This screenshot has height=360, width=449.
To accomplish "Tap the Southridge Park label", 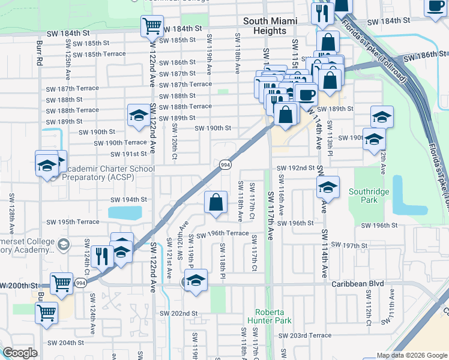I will [370, 196].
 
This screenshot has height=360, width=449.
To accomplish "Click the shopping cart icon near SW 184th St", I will [152, 26].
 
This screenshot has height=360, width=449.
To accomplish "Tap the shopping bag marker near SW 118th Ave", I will [216, 203].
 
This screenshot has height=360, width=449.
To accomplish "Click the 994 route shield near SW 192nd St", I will [225, 164].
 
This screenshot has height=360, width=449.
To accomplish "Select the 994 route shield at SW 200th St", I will [80, 282].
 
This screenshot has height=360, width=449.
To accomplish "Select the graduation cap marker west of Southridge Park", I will [328, 188].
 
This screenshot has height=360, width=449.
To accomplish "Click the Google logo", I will [20, 353].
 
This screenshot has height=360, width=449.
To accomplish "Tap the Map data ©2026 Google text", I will [412, 355].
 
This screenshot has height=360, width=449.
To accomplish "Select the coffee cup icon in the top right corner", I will [435, 6].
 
